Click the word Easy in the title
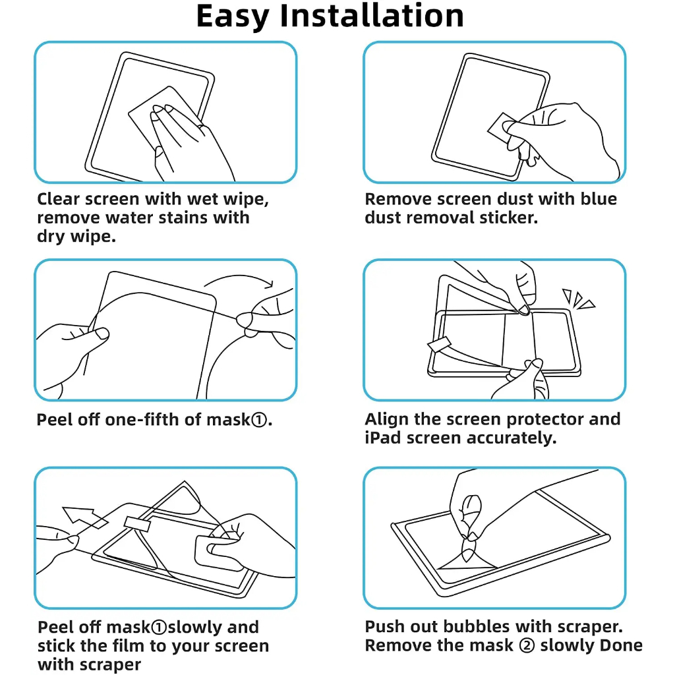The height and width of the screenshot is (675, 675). [x=233, y=17]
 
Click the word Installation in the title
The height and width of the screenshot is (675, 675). [x=372, y=16]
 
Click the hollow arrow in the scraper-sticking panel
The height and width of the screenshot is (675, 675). [x=84, y=517]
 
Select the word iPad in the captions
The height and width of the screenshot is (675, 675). [x=383, y=438]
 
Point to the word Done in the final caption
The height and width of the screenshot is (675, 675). [x=621, y=645]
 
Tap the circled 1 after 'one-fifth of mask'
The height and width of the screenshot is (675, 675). [x=258, y=420]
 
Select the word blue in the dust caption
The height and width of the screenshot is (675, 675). [x=599, y=199]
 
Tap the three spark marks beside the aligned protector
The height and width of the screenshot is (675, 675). [x=577, y=299]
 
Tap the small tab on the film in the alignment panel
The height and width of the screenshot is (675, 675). [x=439, y=344]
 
